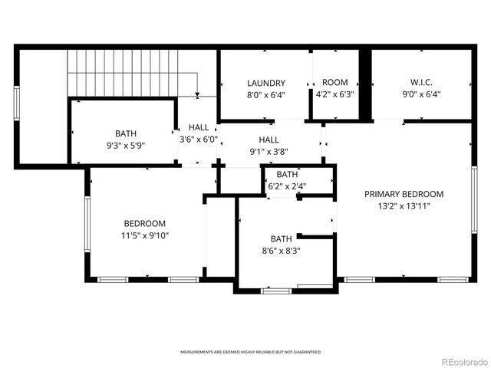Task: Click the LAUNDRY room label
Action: pos(266,83)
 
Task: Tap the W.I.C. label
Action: pos(420,83)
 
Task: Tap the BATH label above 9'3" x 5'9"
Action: pos(126,133)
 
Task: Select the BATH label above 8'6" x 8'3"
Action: pos(281,238)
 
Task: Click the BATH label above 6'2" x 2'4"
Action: pos(288,174)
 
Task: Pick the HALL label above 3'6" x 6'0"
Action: pos(199,127)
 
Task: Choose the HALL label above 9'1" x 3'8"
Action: pos(269,140)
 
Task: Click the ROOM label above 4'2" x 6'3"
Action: pos(335,83)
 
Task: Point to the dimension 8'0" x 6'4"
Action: pos(266,95)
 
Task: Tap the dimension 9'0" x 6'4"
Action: pos(420,95)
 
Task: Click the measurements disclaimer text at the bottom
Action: pos(250,352)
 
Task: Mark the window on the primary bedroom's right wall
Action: pos(474,199)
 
